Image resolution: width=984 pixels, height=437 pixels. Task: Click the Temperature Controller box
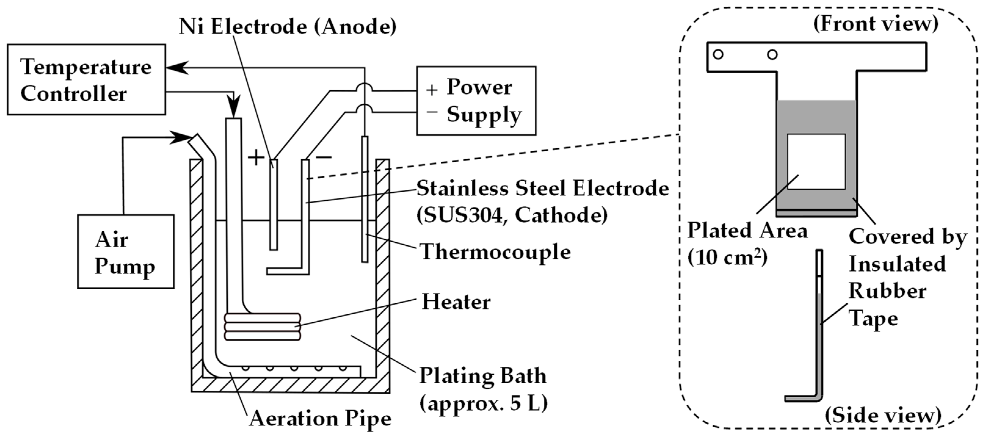(x=86, y=79)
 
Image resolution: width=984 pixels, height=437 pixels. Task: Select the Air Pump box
(x=126, y=251)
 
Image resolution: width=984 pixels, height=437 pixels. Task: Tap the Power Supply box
(x=476, y=100)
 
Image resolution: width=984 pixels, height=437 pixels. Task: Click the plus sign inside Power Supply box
(x=432, y=90)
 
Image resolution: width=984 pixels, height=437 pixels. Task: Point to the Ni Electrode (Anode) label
(x=287, y=27)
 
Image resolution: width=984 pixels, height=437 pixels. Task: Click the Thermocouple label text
(x=495, y=252)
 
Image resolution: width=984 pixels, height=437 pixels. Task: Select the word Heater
(x=456, y=302)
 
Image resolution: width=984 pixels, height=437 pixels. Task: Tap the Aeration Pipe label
(x=320, y=419)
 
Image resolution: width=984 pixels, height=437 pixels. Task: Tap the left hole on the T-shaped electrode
(x=718, y=54)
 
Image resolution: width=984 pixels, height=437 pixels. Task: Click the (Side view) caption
(x=883, y=416)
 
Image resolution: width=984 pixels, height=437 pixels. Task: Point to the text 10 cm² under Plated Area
(x=727, y=258)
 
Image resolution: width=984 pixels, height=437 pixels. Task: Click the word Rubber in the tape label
(x=887, y=291)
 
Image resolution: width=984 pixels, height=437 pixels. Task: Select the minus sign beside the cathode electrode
(x=324, y=157)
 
